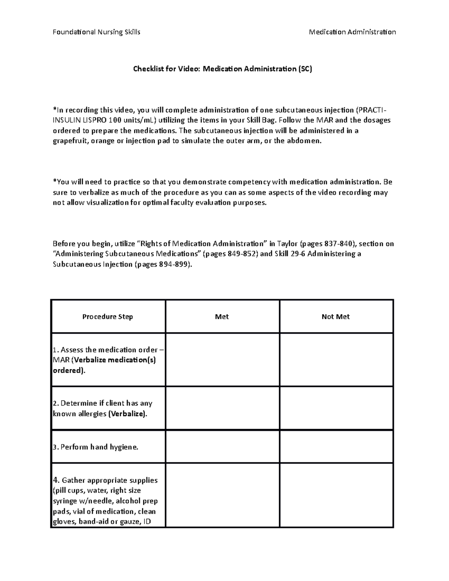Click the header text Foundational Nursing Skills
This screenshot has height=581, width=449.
click(x=97, y=32)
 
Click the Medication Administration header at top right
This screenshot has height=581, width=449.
click(x=352, y=32)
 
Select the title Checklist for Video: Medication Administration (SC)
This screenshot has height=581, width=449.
click(x=223, y=69)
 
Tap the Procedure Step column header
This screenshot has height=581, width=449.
click(x=108, y=317)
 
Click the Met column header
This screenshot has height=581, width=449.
click(x=222, y=317)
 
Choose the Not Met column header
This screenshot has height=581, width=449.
click(x=336, y=317)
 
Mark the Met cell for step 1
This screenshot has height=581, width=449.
click(x=222, y=360)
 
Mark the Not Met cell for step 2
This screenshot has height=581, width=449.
click(x=336, y=408)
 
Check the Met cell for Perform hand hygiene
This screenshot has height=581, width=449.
click(x=222, y=447)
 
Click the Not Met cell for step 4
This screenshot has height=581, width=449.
click(x=336, y=495)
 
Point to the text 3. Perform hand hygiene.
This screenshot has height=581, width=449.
click(x=96, y=447)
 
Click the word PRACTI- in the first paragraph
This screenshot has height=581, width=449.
click(x=370, y=110)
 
